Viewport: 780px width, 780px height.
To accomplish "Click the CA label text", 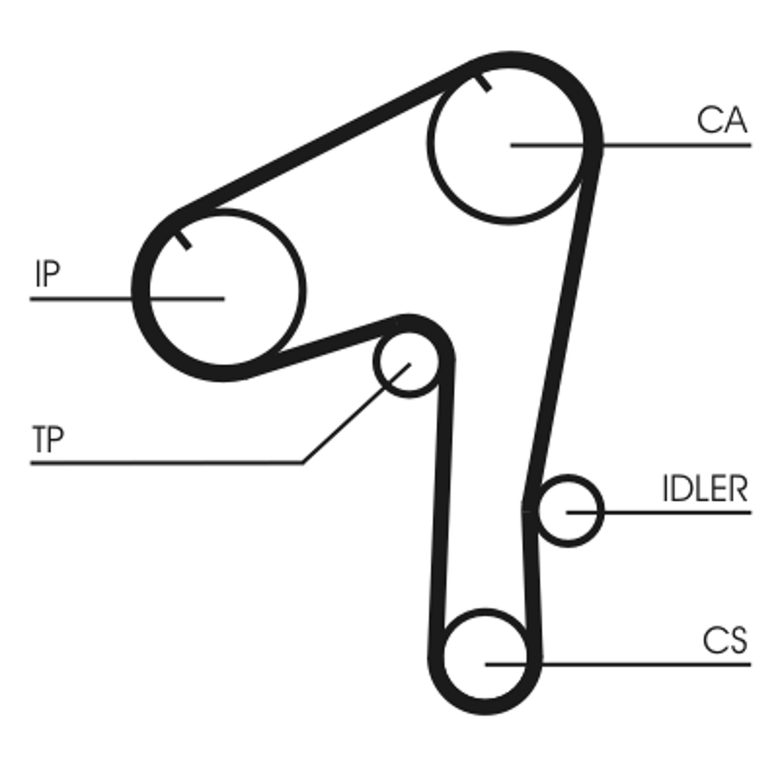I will click(x=721, y=120).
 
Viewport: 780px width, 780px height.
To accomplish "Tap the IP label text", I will click(x=46, y=274).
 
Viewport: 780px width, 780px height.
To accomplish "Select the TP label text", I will click(x=48, y=441).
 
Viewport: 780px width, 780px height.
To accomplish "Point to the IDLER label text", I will click(x=704, y=488).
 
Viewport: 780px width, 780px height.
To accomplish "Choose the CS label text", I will click(x=724, y=641).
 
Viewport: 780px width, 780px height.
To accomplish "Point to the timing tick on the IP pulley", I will click(x=182, y=239).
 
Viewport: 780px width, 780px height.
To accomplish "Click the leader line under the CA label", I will click(x=682, y=145).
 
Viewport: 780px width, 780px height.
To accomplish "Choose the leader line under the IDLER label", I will click(x=682, y=511).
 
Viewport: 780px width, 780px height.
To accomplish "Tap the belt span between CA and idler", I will click(x=564, y=322).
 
